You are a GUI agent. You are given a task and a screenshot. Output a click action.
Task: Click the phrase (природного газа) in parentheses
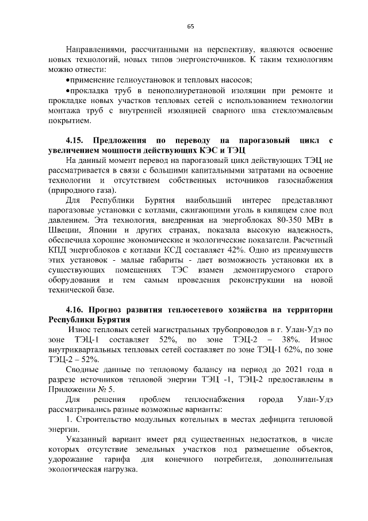pyautogui.click(x=83, y=190)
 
